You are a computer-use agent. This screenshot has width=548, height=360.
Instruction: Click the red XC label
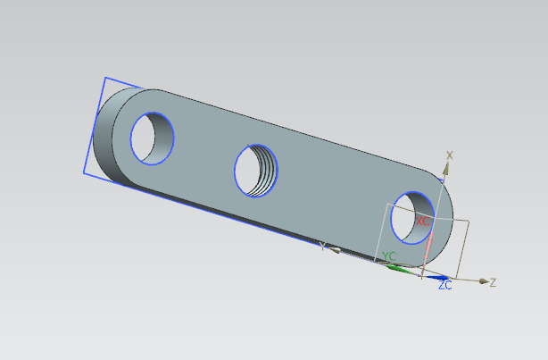422,222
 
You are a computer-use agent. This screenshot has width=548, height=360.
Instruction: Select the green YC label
389,256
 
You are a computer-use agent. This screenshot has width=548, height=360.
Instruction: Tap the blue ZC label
445,285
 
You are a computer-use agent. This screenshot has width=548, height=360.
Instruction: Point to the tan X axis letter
450,155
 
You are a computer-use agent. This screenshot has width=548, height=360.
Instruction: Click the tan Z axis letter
493,282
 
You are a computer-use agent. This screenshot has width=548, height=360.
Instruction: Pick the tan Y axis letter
322,247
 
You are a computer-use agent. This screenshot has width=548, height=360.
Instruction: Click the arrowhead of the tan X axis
446,169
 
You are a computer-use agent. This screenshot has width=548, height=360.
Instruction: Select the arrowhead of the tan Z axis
484,281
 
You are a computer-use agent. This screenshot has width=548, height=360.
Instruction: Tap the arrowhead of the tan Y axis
334,250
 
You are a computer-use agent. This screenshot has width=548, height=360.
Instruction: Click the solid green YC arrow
399,269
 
